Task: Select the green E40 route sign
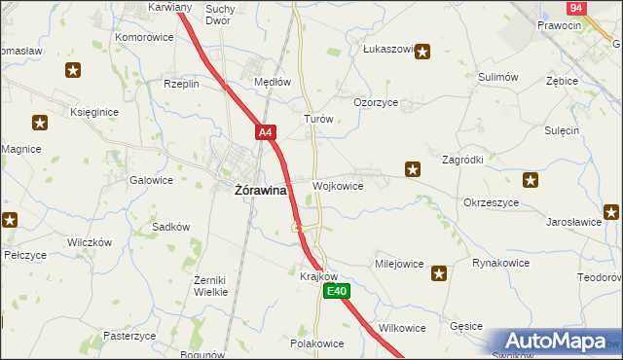337,291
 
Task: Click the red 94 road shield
575,7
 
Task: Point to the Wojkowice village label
339,185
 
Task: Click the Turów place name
319,119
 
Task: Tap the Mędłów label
273,83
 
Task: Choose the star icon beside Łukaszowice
421,52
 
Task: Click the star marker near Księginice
40,123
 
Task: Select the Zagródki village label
463,159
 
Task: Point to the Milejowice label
399,264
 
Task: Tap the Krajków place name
318,276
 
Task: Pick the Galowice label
151,180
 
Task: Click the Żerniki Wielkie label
210,285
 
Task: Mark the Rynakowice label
500,263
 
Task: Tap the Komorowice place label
144,37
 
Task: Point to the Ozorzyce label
376,102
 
